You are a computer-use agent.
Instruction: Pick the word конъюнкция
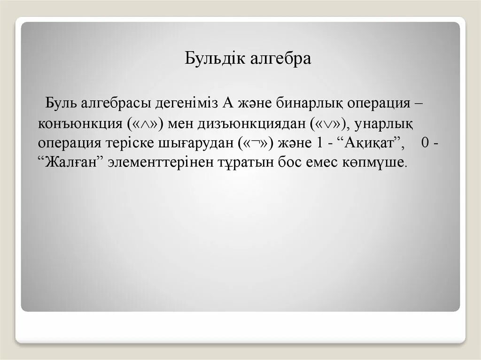(x=80, y=123)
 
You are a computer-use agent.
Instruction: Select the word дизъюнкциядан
(x=251, y=123)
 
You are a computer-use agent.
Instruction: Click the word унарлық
(x=383, y=123)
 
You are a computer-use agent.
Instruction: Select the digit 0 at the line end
(x=425, y=143)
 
